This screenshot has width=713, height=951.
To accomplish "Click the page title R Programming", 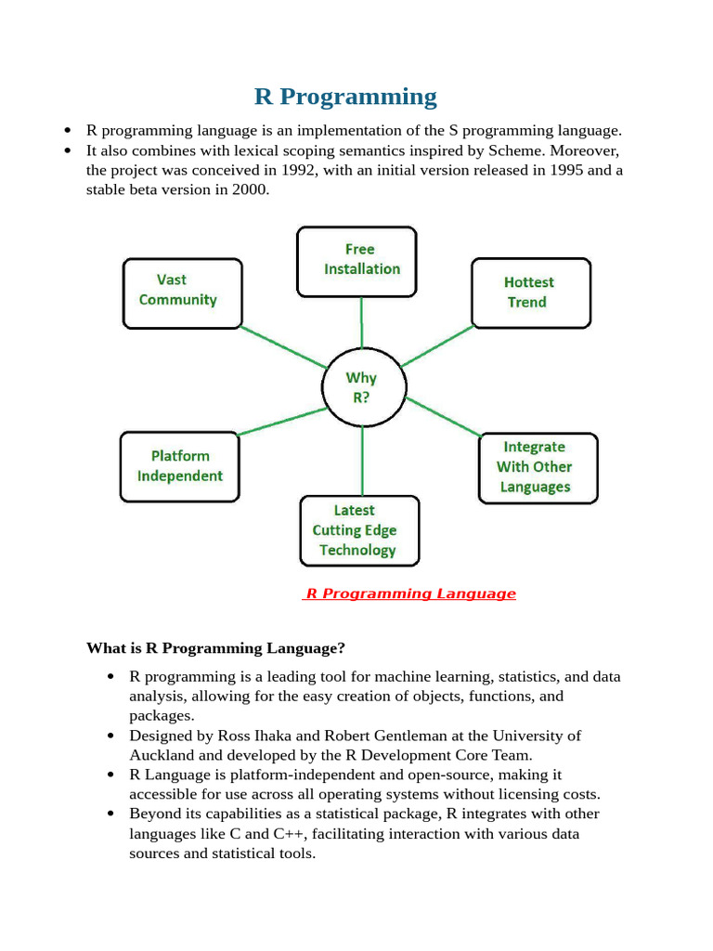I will (345, 97).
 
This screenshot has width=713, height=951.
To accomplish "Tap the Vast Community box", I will (182, 292).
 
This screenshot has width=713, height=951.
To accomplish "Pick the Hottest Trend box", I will (529, 293).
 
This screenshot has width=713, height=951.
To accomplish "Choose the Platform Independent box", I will (180, 466).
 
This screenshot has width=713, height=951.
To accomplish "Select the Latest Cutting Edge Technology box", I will (357, 530).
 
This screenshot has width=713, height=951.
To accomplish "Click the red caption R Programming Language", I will (410, 594).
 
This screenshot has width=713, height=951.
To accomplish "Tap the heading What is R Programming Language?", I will (215, 647).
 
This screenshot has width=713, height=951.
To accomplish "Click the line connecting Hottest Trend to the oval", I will (438, 345).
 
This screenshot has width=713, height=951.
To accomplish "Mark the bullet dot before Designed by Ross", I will (111, 736).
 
